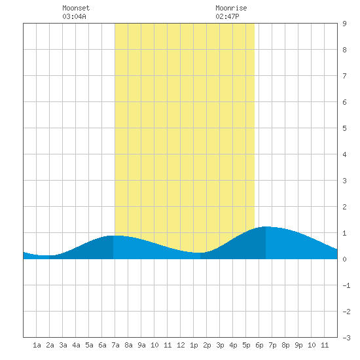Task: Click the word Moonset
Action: tap(76, 8)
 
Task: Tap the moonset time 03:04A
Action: tap(74, 16)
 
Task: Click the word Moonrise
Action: tap(231, 8)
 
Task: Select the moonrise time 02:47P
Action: tap(227, 16)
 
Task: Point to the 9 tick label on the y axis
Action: tap(344, 24)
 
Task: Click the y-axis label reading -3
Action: tap(346, 338)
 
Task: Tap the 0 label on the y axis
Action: tap(344, 259)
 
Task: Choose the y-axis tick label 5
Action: tap(344, 128)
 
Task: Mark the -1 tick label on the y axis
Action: tap(346, 285)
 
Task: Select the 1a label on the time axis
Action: tap(37, 345)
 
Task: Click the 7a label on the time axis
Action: tap(115, 345)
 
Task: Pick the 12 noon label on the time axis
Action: tap(181, 345)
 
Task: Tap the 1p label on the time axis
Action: tap(194, 345)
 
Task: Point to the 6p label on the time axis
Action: tap(259, 345)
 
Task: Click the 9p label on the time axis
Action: tap(298, 345)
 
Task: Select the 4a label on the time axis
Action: tap(76, 345)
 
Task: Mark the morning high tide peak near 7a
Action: tap(113, 236)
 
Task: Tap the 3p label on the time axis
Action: tap(220, 345)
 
